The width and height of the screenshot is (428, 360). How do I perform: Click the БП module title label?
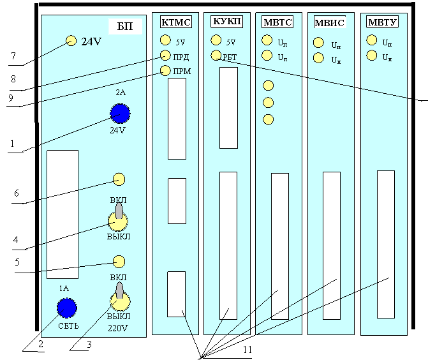tap(125, 26)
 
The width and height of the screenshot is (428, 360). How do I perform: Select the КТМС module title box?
tap(176, 22)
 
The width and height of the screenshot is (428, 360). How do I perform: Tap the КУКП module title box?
tap(226, 21)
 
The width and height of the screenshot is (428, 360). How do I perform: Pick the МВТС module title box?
tap(277, 22)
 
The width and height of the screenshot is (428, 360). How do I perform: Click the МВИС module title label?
tap(330, 22)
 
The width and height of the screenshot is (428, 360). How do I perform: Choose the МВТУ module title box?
tap(382, 22)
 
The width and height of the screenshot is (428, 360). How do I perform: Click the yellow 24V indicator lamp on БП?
tap(71, 41)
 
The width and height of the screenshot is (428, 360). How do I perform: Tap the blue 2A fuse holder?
tap(120, 114)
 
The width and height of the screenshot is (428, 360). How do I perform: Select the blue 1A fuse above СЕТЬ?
tap(67, 308)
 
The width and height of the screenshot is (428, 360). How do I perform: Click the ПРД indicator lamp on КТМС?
tap(165, 55)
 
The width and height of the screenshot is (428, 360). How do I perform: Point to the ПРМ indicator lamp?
tap(165, 70)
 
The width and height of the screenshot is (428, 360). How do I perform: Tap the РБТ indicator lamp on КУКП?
tap(216, 55)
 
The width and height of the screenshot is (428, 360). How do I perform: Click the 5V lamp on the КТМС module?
tap(165, 40)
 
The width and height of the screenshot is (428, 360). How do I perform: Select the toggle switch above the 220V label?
tap(120, 297)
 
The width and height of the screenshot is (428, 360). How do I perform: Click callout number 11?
tap(247, 349)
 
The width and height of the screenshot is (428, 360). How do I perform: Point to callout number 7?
tap(13, 56)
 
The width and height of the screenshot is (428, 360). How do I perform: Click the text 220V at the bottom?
tap(117, 328)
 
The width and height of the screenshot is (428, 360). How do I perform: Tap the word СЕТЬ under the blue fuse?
tap(68, 326)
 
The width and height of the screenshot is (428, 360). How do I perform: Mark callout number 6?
tap(17, 193)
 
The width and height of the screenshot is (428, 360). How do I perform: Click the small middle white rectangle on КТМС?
tap(177, 201)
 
